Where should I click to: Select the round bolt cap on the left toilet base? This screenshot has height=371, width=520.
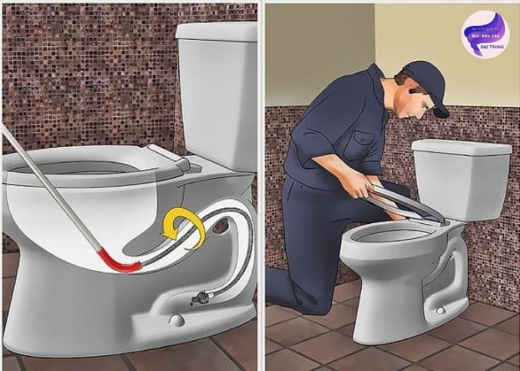(x=175, y=320)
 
